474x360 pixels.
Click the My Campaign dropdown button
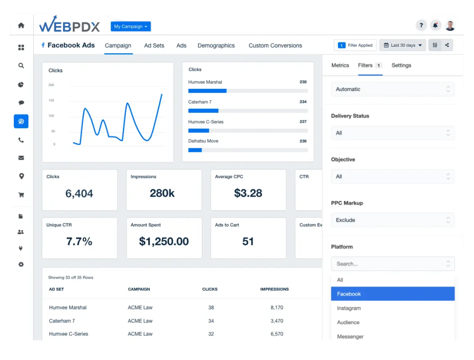(131, 26)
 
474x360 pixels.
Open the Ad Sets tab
(154, 45)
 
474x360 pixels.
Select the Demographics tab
(216, 45)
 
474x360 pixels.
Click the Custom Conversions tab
(275, 45)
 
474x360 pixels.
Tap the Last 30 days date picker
(403, 45)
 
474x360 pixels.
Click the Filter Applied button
(355, 45)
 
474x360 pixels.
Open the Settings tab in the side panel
(401, 65)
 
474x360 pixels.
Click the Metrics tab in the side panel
(340, 65)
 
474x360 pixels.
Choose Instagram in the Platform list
(349, 308)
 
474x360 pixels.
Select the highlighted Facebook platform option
(393, 294)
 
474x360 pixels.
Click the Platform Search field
(393, 264)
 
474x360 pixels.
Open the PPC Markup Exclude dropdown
(393, 220)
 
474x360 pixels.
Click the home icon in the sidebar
(21, 25)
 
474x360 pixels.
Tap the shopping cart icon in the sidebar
(21, 195)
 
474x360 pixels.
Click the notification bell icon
(435, 25)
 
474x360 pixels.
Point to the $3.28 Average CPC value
(248, 193)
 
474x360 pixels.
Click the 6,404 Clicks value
(79, 193)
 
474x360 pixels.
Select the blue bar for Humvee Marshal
(207, 91)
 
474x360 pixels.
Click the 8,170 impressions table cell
(277, 307)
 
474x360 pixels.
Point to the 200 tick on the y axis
(51, 85)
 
